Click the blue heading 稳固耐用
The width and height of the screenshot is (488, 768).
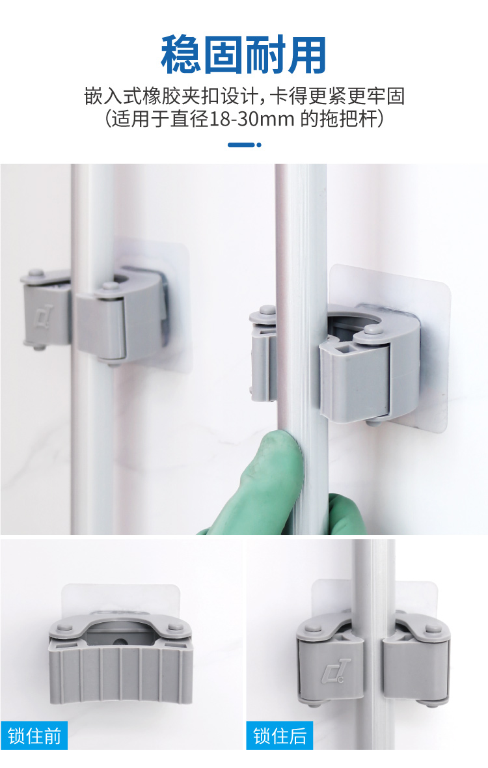pyautogui.click(x=243, y=55)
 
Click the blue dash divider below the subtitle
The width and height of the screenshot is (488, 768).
pyautogui.click(x=244, y=144)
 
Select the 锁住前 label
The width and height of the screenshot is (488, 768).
pyautogui.click(x=34, y=735)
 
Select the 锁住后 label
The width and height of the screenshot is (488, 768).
pyautogui.click(x=280, y=735)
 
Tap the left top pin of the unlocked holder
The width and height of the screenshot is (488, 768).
pyautogui.click(x=64, y=627)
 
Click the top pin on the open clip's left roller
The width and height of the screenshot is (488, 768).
pyautogui.click(x=267, y=310)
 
